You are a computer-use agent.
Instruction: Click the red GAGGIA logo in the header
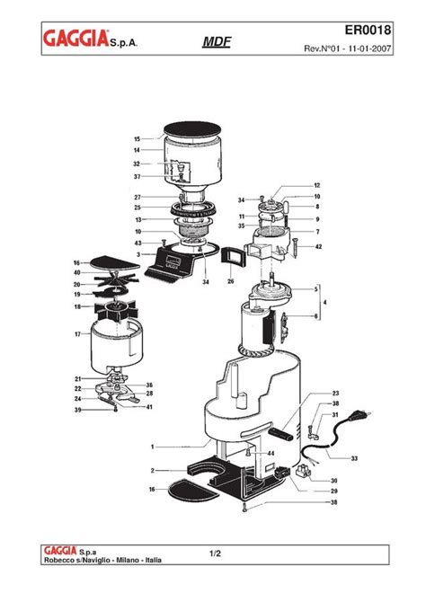pyautogui.click(x=75, y=39)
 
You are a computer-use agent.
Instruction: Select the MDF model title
pyautogui.click(x=217, y=41)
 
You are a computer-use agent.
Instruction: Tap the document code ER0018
pyautogui.click(x=368, y=30)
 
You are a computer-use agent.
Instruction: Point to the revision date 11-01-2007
pyautogui.click(x=369, y=49)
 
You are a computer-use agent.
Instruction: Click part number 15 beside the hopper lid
pyautogui.click(x=138, y=139)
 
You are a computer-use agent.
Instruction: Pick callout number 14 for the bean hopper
pyautogui.click(x=138, y=150)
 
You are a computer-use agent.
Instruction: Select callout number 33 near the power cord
pyautogui.click(x=354, y=458)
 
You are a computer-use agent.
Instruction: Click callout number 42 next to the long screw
pyautogui.click(x=318, y=247)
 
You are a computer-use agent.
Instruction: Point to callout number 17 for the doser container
pyautogui.click(x=77, y=334)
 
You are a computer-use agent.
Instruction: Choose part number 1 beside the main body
pyautogui.click(x=153, y=447)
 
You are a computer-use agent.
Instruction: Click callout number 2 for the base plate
pyautogui.click(x=153, y=471)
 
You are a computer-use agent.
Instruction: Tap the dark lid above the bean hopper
pyautogui.click(x=192, y=129)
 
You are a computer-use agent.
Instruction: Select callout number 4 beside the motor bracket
pyautogui.click(x=325, y=303)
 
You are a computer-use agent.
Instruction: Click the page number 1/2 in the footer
pyautogui.click(x=216, y=553)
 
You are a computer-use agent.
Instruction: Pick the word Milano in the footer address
pyautogui.click(x=129, y=560)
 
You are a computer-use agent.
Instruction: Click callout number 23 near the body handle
pyautogui.click(x=336, y=394)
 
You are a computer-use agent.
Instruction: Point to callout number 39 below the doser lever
pyautogui.click(x=77, y=410)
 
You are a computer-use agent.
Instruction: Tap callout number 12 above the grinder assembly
pyautogui.click(x=317, y=185)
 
